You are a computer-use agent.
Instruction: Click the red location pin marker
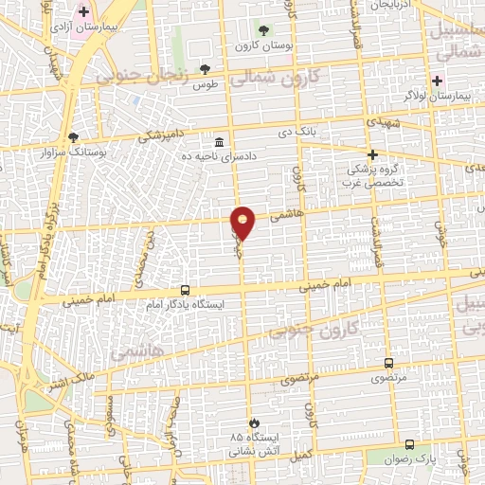[x=243, y=223]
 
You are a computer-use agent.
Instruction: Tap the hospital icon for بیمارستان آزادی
[x=83, y=13]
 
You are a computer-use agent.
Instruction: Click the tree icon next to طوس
[x=205, y=68]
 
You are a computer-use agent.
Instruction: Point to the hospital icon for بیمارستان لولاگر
[x=438, y=80]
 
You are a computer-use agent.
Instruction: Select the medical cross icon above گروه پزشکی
[x=372, y=154]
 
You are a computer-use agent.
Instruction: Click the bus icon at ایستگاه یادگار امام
[x=185, y=291]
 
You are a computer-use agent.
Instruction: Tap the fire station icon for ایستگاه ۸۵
[x=253, y=422]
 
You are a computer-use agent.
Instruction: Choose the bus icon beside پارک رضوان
[x=409, y=443]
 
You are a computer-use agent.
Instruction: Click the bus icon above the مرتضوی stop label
[x=388, y=363]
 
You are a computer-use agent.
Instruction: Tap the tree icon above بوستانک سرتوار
[x=74, y=136]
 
